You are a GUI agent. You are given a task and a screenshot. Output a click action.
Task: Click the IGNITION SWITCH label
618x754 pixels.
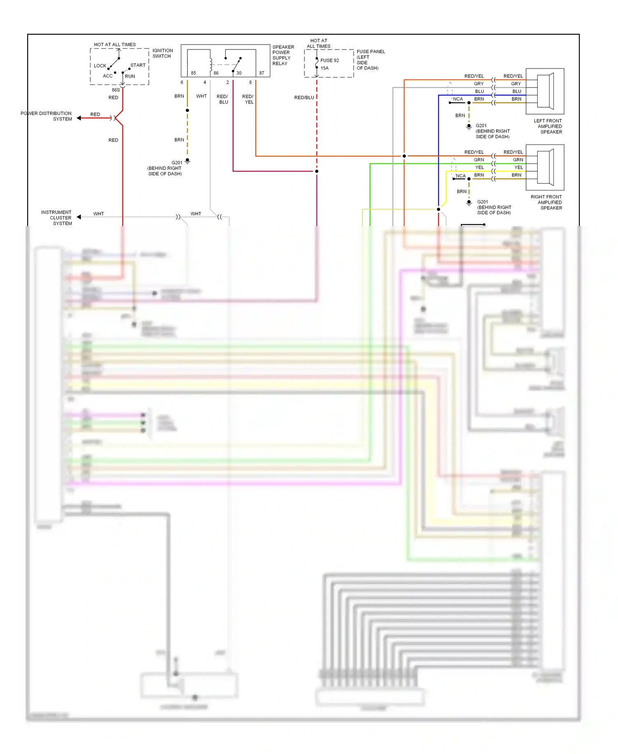pos(162,53)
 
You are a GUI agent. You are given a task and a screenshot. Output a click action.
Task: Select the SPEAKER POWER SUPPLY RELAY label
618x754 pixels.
pos(283,55)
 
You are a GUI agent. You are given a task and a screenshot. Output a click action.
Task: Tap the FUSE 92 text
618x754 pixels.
pos(330,60)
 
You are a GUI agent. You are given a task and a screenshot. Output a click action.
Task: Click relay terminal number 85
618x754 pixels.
pos(193,73)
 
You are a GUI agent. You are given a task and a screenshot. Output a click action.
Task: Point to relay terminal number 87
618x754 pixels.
pos(262,73)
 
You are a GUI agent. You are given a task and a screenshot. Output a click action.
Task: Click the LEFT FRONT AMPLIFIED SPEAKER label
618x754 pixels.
pos(548,126)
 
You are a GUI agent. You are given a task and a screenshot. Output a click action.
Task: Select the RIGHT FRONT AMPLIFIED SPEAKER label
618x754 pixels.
pos(546,202)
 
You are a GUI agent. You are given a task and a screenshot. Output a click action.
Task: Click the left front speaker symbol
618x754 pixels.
pos(545,91)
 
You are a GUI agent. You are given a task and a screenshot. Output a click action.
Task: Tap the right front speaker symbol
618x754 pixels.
pos(545,167)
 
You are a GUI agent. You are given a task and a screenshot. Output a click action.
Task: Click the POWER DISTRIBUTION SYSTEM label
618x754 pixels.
pos(46,116)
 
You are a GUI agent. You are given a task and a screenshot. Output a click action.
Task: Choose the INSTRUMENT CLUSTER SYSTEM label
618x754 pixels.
pos(56,217)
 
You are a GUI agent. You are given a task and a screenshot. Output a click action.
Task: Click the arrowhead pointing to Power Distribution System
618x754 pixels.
pos(79,118)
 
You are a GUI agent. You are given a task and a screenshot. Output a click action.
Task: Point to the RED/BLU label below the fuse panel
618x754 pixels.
pos(304,98)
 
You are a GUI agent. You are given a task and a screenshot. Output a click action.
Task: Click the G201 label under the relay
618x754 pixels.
pos(177,163)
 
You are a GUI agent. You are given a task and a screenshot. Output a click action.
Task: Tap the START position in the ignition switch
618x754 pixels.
pos(138,65)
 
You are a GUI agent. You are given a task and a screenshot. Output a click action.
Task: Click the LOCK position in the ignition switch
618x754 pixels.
pos(100,66)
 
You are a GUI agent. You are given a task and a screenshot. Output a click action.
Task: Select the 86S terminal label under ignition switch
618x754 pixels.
pos(116,90)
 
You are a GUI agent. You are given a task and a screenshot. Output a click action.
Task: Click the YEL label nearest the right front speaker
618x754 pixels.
pos(518,167)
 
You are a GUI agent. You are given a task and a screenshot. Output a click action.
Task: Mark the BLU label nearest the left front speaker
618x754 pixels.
pos(517,91)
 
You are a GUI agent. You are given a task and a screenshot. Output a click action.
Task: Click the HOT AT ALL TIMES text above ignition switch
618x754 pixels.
pos(115,45)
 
